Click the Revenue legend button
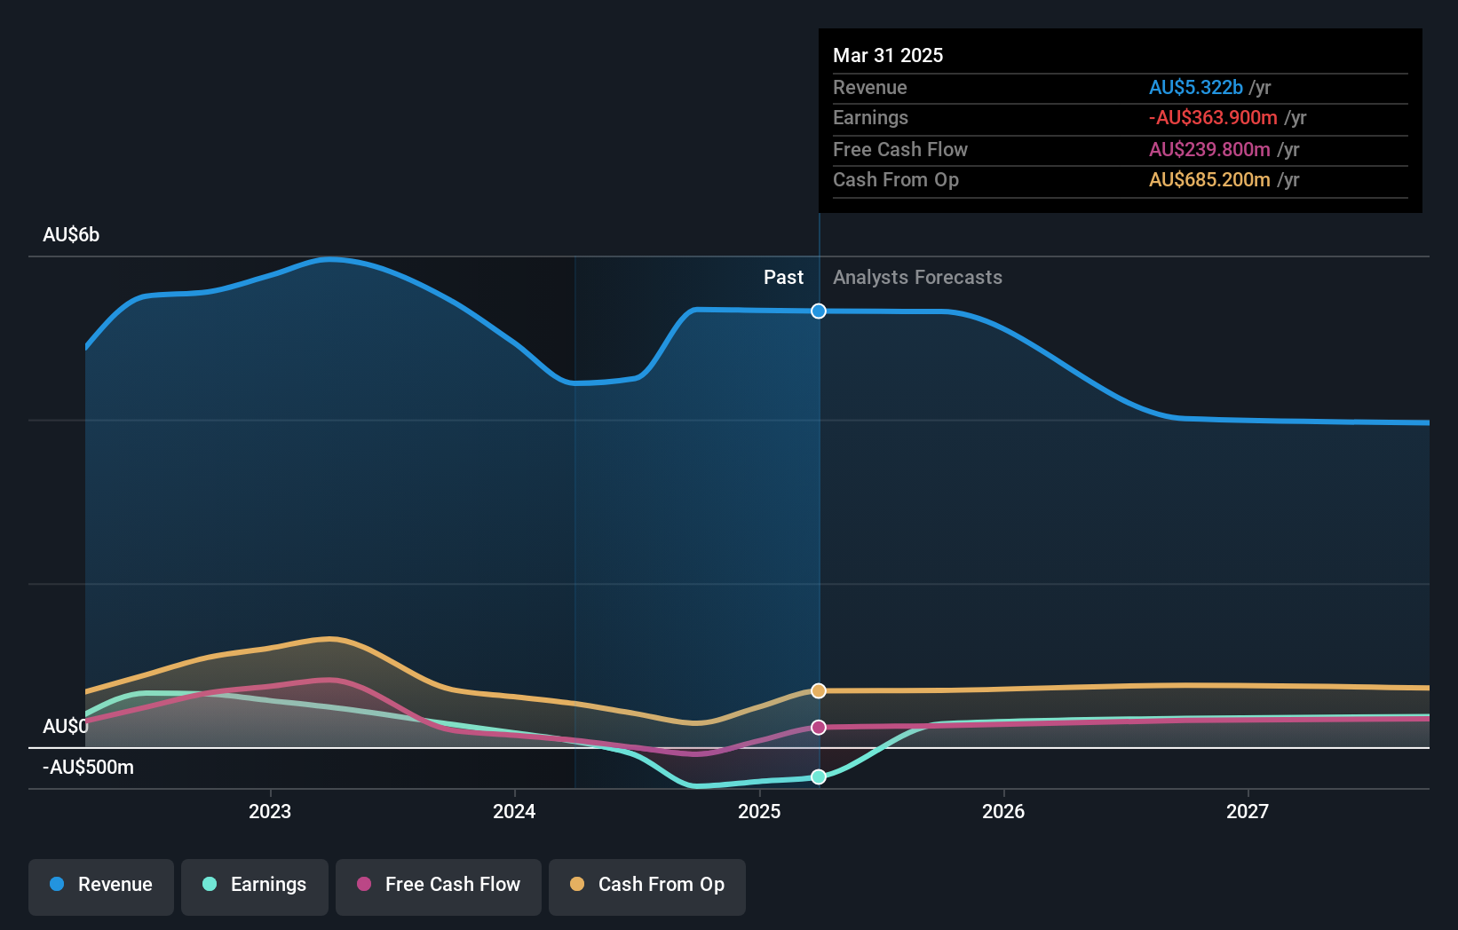click(x=101, y=885)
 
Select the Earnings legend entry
click(x=255, y=885)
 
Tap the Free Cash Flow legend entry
click(x=439, y=885)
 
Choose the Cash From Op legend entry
click(x=647, y=885)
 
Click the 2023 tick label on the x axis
click(x=270, y=811)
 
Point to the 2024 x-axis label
click(x=514, y=811)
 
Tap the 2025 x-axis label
click(x=759, y=811)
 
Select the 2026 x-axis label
click(x=1003, y=811)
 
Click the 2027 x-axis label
click(x=1248, y=811)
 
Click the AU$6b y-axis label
click(x=71, y=235)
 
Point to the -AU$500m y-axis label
click(x=88, y=768)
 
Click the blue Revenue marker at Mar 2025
click(x=819, y=311)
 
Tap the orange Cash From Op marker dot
click(x=819, y=690)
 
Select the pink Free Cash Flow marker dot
click(x=819, y=727)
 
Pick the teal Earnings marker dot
click(x=819, y=776)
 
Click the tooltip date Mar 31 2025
click(x=888, y=55)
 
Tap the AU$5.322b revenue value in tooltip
click(x=1195, y=87)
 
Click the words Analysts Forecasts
click(x=917, y=278)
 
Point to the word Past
click(x=783, y=278)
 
